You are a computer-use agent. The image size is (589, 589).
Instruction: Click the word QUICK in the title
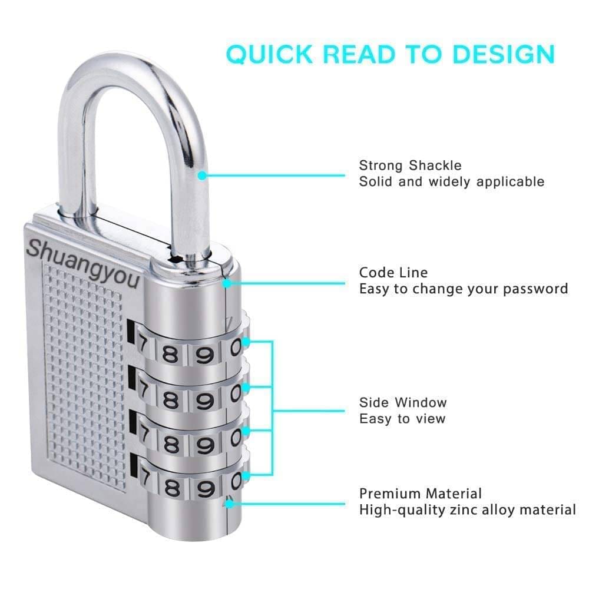pyautogui.click(x=269, y=54)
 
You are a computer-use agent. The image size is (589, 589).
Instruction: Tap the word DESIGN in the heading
pyautogui.click(x=504, y=54)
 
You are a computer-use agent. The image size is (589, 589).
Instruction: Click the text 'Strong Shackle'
pyautogui.click(x=410, y=166)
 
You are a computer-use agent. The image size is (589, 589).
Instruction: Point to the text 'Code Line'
pyautogui.click(x=393, y=273)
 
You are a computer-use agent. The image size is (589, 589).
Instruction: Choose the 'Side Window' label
pyautogui.click(x=403, y=403)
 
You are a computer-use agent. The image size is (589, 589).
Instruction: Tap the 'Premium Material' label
pyautogui.click(x=421, y=494)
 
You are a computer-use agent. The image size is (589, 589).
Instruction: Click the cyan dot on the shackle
pyautogui.click(x=202, y=176)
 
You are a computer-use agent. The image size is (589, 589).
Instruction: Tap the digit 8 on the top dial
pyautogui.click(x=170, y=353)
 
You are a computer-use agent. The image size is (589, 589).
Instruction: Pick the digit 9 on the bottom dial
pyautogui.click(x=205, y=489)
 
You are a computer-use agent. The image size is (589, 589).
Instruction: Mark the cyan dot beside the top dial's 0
pyautogui.click(x=246, y=342)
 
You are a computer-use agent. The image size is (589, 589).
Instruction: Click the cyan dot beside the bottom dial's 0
pyautogui.click(x=246, y=477)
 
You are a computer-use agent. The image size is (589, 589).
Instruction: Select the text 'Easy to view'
pyautogui.click(x=402, y=419)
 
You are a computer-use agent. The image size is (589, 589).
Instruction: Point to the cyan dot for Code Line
pyautogui.click(x=227, y=284)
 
